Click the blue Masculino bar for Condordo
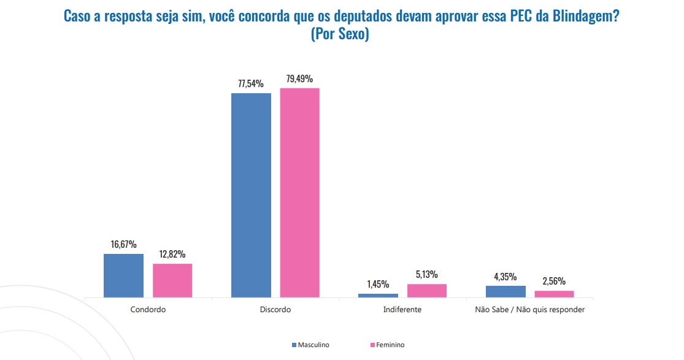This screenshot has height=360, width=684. [123, 275]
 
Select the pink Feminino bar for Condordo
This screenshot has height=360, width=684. [172, 280]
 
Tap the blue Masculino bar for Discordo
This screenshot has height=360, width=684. [251, 195]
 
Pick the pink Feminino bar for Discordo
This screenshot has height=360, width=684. [300, 193]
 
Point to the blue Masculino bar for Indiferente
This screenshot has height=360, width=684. [378, 296]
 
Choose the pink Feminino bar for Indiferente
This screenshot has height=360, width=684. [427, 291]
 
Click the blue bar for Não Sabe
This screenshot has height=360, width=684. [505, 291]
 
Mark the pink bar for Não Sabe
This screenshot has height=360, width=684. [555, 294]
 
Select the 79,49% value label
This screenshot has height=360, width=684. [300, 79]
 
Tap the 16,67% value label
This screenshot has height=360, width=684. [123, 244]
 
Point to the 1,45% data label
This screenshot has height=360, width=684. [378, 284]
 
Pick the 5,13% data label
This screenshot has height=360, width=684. [427, 274]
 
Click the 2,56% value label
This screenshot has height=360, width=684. [555, 281]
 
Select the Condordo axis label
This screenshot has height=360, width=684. [148, 310]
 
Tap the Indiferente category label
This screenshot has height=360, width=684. [402, 310]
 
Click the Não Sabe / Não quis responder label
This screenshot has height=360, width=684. [530, 310]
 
